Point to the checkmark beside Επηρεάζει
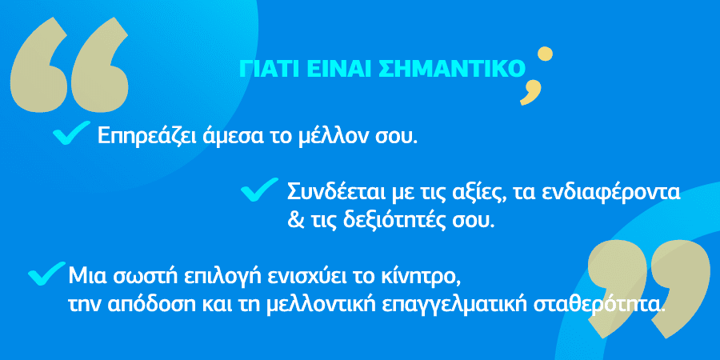pyautogui.click(x=71, y=132)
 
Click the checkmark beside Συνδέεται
pyautogui.click(x=259, y=189)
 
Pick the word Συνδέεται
pyautogui.click(x=337, y=192)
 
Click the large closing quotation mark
pyautogui.click(x=647, y=290)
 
